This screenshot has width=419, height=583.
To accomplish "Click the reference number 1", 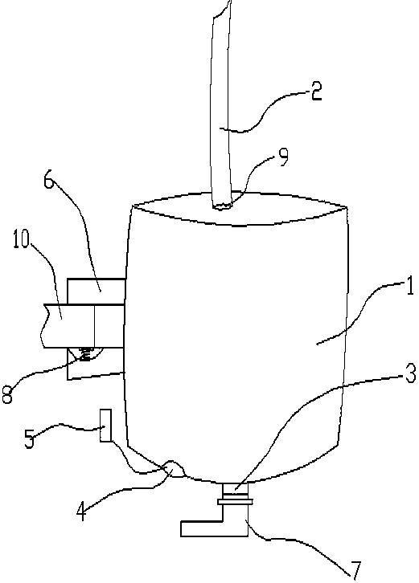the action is click(x=409, y=287).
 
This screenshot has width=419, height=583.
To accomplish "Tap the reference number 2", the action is click(x=317, y=92).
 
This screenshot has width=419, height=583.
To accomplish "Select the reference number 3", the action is click(x=409, y=373).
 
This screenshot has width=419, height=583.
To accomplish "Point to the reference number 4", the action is click(x=82, y=512).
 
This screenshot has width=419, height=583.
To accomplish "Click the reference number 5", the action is click(x=30, y=439).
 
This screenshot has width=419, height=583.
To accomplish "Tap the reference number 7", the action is click(x=356, y=570).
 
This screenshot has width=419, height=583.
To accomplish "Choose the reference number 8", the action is click(x=7, y=394).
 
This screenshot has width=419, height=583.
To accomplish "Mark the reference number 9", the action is click(x=283, y=157).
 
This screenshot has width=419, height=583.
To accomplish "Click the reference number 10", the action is click(x=21, y=240).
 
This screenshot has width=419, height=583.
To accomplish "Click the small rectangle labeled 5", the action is click(x=105, y=426).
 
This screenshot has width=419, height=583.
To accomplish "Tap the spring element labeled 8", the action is click(x=86, y=354).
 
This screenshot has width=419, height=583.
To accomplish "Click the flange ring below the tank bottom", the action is click(x=236, y=502).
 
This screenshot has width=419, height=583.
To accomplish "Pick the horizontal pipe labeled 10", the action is click(x=83, y=326).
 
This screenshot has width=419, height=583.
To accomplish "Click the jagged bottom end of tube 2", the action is click(x=221, y=206).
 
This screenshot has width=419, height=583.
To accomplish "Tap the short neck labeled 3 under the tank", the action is click(x=235, y=491).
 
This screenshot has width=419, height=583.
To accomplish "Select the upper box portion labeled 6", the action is click(x=96, y=291).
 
